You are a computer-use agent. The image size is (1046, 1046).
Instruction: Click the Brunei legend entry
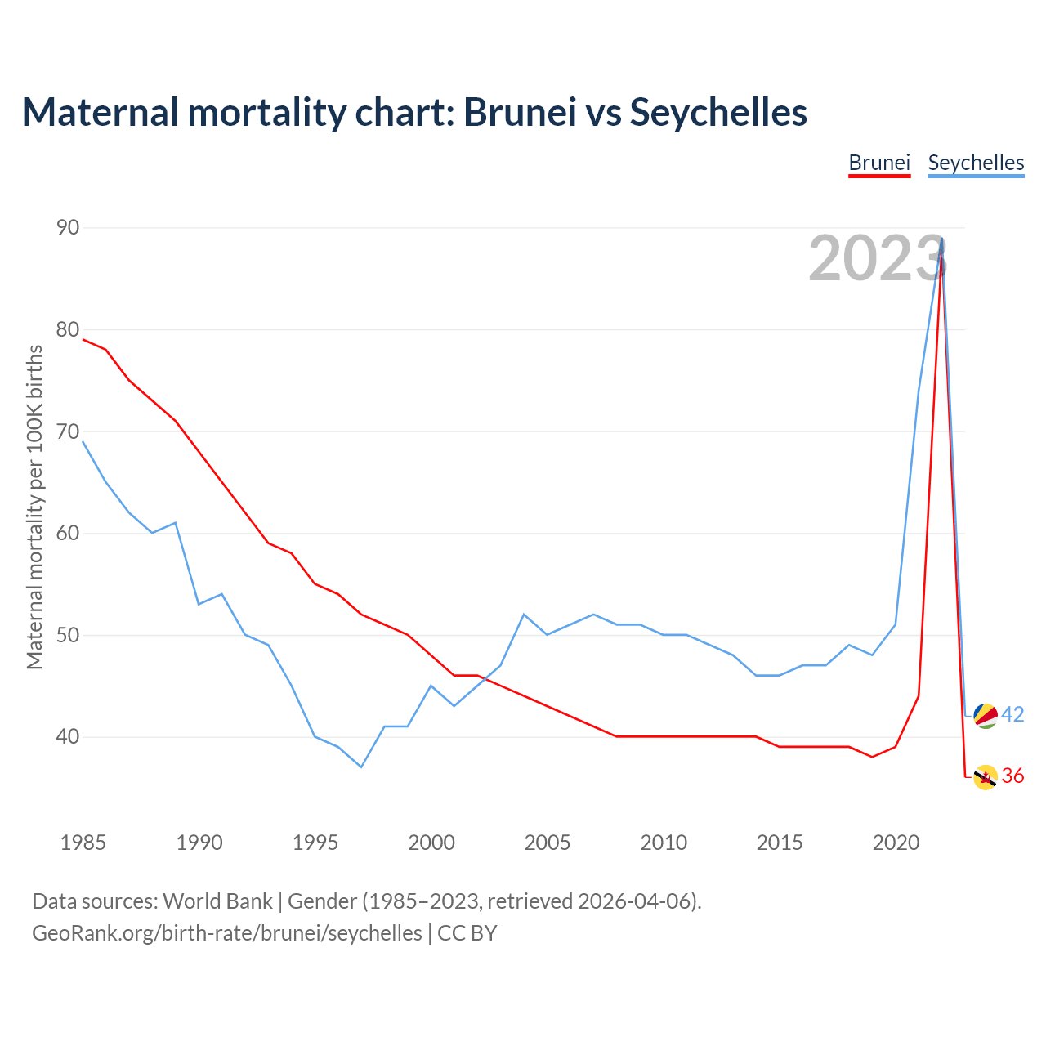point(879,163)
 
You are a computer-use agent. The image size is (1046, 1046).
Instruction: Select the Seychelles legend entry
point(976,163)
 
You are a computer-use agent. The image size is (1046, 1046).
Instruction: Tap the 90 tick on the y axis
point(68,227)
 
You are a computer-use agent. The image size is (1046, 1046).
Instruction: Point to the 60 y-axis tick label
point(68,534)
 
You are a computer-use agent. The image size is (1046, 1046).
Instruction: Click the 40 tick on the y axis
point(68,737)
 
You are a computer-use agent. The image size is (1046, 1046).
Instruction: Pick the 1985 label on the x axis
point(83,843)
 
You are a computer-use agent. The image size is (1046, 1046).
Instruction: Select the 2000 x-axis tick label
point(431,843)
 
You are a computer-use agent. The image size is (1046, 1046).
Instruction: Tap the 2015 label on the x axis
point(780,843)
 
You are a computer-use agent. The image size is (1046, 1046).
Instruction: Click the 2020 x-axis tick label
point(896,843)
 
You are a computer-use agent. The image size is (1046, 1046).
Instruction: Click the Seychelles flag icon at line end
point(986,715)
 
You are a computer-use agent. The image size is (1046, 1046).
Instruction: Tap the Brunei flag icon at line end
point(986,777)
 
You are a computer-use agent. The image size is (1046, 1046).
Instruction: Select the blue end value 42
point(1012,714)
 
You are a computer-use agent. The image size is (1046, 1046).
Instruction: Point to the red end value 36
point(1012,776)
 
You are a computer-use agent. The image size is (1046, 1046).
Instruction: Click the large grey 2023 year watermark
point(877,258)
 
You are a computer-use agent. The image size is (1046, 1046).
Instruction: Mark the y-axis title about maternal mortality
point(34,507)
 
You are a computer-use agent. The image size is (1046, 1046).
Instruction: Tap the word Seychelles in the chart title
point(718,112)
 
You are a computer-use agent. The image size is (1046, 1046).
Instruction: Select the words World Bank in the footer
point(217,901)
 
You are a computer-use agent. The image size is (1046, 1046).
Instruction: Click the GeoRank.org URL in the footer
point(227,933)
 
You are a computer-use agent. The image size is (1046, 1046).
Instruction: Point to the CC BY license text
point(467,933)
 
